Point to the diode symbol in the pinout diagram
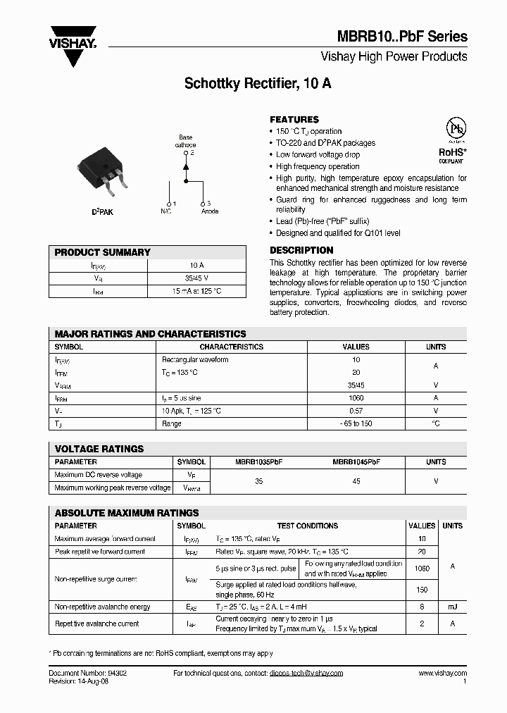186,166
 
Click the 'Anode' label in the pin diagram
210,211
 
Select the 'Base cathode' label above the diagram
186,141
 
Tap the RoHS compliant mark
453,154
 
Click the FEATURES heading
294,120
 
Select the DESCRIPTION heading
301,250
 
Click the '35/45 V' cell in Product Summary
196,278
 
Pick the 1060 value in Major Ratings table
356,398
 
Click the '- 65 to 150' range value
356,423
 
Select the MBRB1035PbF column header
258,462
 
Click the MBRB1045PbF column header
356,462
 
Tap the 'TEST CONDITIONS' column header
308,526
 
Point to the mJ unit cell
452,607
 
